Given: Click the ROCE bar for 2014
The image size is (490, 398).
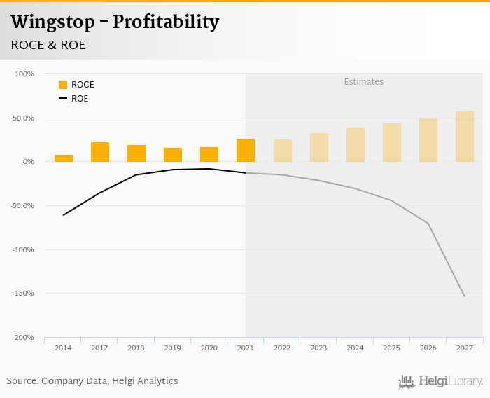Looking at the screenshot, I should (64, 158).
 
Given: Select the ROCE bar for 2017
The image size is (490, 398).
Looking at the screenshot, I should (100, 152).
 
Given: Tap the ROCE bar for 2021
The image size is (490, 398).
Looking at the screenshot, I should (246, 150).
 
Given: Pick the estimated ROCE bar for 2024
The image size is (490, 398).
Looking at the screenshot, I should (356, 144).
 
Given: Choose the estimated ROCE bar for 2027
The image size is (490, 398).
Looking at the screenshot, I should (465, 137).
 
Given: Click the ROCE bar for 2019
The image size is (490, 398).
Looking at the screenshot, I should (173, 155).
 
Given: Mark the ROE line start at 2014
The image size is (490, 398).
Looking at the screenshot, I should (64, 215).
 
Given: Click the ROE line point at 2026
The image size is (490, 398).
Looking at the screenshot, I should (428, 224).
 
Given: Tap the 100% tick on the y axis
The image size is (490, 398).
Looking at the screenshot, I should (24, 74).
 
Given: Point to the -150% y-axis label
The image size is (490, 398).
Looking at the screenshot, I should (24, 294).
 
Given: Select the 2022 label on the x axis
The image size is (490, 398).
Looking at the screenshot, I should (282, 348).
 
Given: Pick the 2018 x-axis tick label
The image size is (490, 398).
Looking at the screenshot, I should (136, 348).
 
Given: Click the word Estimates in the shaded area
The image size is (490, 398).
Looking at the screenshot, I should (364, 82).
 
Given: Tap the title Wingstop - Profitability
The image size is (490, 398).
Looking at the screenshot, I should (115, 22).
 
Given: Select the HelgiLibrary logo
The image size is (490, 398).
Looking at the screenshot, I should (441, 381).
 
